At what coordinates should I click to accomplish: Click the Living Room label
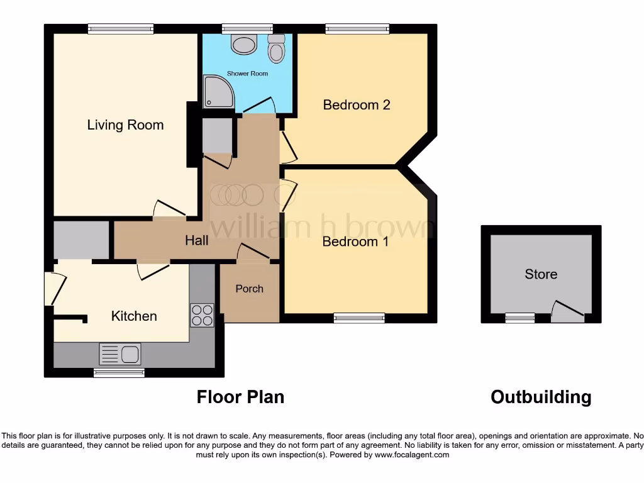tap(125, 125)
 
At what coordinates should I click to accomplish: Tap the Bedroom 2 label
tap(357, 104)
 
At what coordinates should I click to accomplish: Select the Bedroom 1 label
tap(355, 241)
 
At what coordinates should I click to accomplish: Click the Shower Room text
tap(247, 74)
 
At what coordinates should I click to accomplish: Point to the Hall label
tap(196, 240)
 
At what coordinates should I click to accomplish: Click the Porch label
tap(249, 289)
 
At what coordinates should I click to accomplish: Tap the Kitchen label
tap(134, 316)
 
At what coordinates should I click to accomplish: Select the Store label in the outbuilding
tap(541, 274)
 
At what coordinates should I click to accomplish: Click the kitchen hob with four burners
tap(202, 315)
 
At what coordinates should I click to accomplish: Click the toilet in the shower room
tap(276, 48)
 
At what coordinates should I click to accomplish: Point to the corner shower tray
tap(218, 92)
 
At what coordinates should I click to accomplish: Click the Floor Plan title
tap(240, 397)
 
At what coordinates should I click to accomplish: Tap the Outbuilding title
tap(541, 397)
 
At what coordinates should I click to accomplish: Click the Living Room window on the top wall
tap(121, 28)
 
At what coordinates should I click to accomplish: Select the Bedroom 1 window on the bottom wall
tap(359, 318)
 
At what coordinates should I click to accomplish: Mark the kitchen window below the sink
tap(119, 373)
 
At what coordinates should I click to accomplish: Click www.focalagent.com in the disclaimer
tap(412, 455)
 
